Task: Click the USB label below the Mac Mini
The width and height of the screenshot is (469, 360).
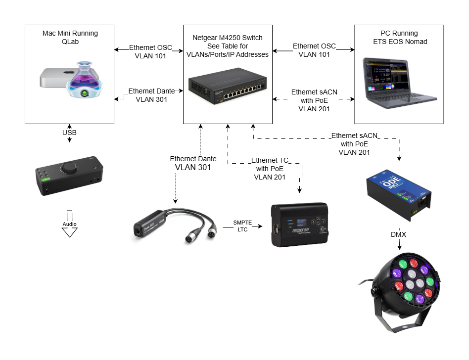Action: (69, 133)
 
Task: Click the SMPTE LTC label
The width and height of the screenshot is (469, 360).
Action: (242, 226)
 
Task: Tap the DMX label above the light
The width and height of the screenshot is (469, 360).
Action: (398, 234)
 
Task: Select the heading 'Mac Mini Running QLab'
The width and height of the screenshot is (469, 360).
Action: (70, 38)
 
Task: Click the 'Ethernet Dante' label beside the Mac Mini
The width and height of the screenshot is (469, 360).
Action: (150, 95)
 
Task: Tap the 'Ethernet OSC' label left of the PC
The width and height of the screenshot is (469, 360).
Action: (314, 50)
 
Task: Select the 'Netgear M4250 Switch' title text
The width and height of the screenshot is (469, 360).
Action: (227, 38)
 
